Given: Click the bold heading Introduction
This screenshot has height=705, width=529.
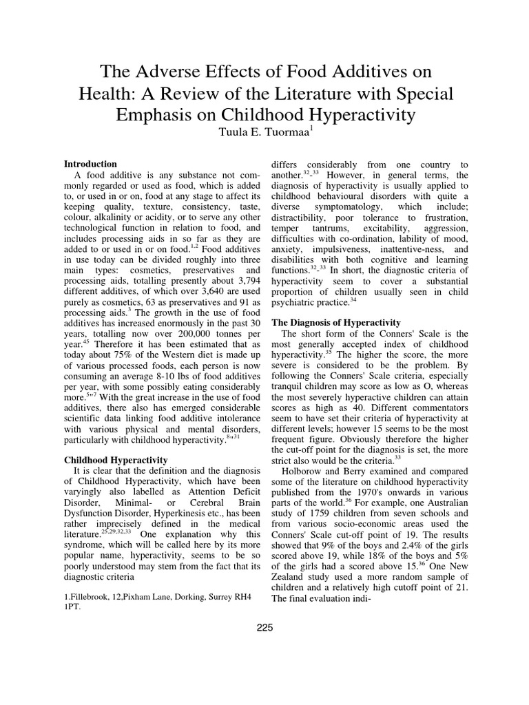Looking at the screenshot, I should click(90, 165).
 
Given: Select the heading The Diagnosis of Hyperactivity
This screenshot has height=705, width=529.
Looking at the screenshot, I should click(340, 322).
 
